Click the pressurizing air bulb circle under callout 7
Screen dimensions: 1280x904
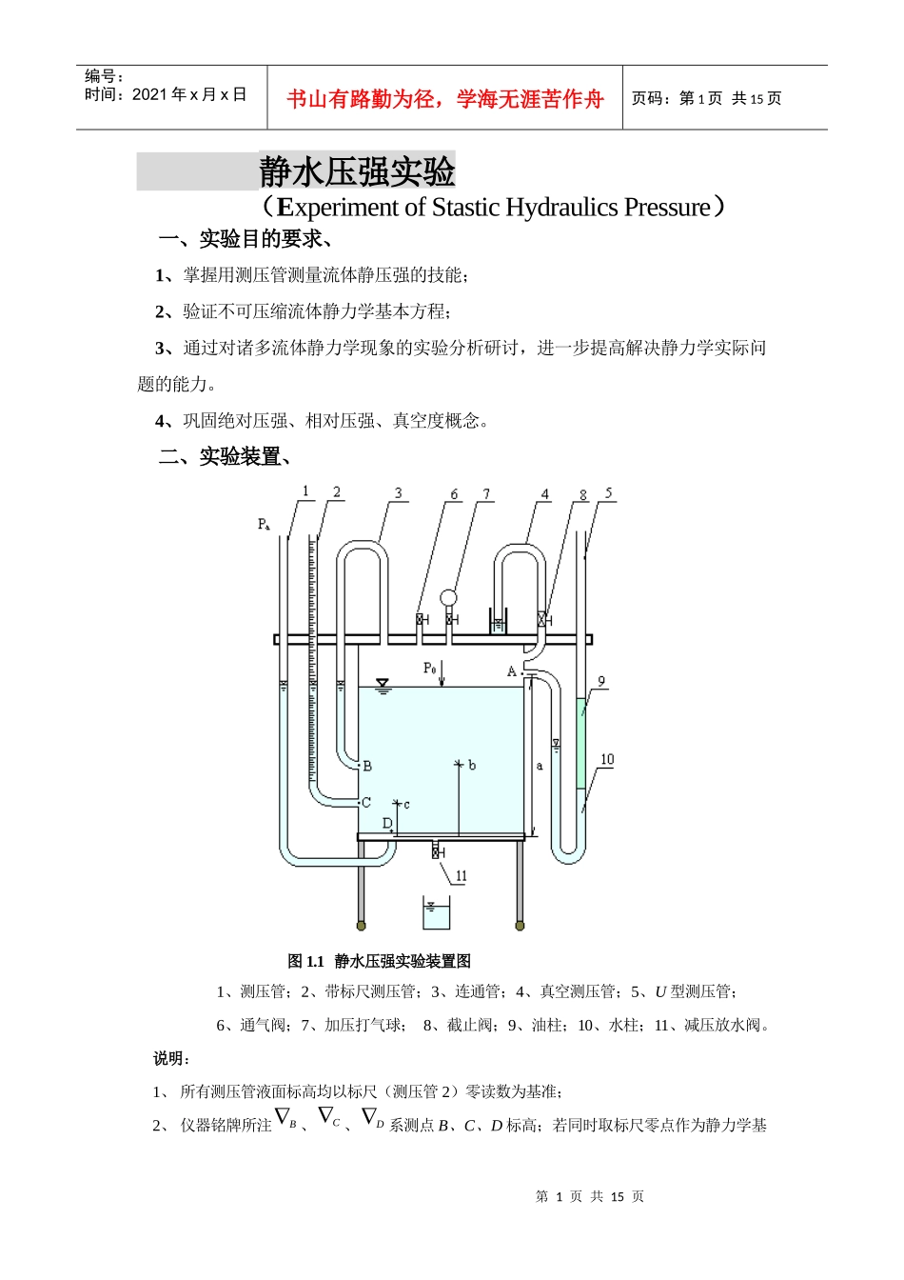click(448, 598)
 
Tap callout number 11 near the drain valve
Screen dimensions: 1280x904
click(462, 876)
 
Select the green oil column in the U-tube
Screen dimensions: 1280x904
click(581, 744)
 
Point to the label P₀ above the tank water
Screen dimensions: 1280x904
click(429, 669)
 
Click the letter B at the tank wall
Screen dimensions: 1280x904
click(367, 766)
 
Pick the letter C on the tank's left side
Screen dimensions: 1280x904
click(366, 803)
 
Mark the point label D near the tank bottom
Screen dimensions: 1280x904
click(387, 823)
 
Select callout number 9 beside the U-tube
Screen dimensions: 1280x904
click(601, 682)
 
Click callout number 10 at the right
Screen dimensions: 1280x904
click(607, 759)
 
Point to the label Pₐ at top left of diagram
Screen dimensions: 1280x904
click(264, 525)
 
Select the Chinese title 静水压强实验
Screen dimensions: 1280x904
click(357, 172)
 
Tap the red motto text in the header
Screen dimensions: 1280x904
click(444, 99)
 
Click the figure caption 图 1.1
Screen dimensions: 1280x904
click(306, 961)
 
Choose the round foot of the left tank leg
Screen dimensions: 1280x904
click(361, 925)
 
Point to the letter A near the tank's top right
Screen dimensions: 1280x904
click(512, 671)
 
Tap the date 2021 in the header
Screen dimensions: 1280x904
click(148, 94)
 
